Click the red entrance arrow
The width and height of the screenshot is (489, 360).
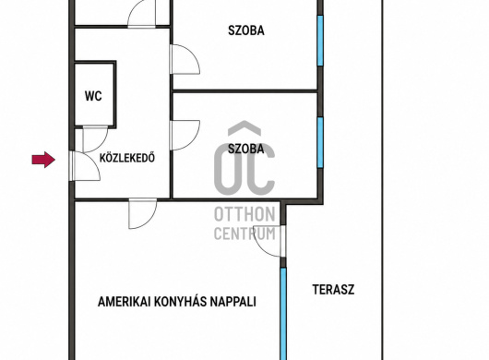43,160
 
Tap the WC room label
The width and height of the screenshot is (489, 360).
93,96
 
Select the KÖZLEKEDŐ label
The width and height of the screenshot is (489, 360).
127,158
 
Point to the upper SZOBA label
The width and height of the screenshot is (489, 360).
246,30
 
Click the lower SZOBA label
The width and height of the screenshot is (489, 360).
246,149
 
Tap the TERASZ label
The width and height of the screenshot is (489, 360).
333,290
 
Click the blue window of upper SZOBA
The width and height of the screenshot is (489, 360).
320,41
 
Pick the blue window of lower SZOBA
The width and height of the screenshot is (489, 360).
320,142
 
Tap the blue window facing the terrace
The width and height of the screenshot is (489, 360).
283,314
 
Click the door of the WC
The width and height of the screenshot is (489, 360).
95,138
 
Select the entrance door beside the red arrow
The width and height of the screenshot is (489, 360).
86,166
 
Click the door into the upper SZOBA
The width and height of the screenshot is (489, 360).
185,59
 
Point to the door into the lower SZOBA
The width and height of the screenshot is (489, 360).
185,135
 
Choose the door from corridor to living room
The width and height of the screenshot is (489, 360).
143,213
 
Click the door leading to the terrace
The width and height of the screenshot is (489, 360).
269,241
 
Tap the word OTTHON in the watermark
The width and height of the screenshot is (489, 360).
244,214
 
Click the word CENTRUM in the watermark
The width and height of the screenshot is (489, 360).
244,234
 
